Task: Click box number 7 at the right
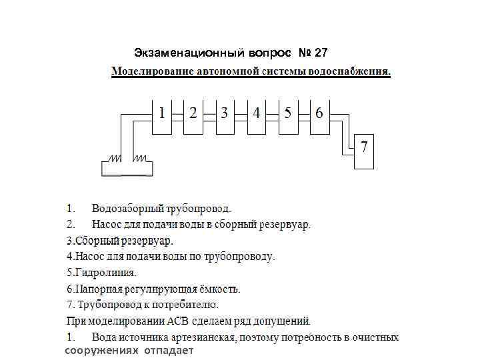point(364,151)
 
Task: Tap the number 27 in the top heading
point(321,52)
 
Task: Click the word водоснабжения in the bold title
point(353,71)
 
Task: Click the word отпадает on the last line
point(167,351)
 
